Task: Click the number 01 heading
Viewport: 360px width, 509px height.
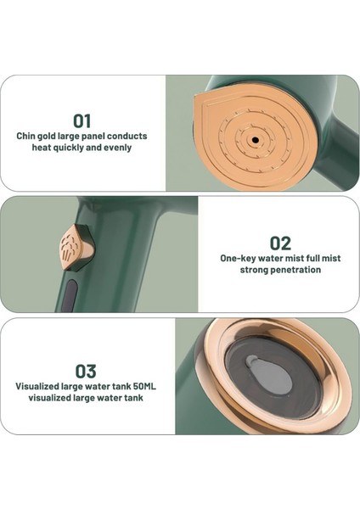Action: tap(82, 120)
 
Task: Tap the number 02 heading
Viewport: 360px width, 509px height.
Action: tap(280, 243)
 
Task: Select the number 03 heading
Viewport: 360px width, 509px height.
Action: tap(86, 371)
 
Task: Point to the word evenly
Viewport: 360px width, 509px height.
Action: tap(118, 148)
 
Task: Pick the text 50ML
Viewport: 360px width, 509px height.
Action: tap(145, 386)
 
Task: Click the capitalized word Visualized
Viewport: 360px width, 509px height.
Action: tap(37, 386)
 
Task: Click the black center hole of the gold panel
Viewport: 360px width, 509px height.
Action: tap(256, 140)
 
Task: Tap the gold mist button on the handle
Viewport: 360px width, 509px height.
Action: tap(76, 247)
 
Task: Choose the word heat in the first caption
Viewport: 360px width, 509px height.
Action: tap(42, 148)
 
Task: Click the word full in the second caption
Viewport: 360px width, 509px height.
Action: tap(312, 259)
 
